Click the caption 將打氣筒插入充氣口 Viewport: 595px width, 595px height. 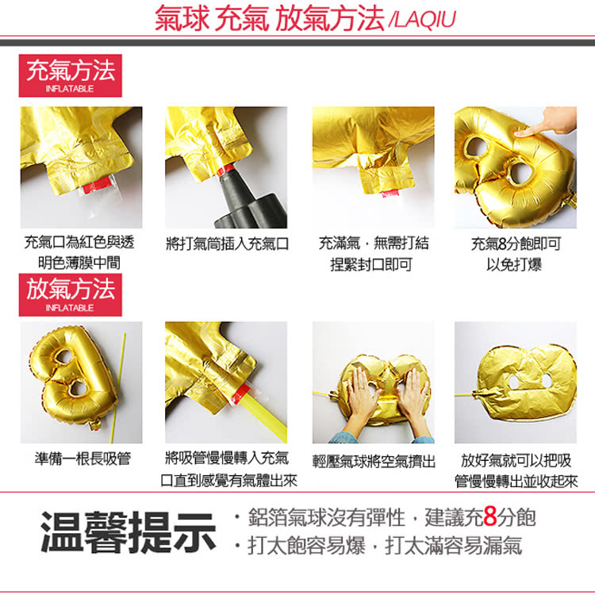click(x=228, y=244)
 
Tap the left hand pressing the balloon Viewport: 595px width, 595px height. click(x=361, y=397)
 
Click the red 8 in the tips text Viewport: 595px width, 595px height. click(x=489, y=519)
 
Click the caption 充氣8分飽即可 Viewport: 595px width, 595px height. click(x=516, y=244)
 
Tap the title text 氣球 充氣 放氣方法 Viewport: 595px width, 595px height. click(x=270, y=19)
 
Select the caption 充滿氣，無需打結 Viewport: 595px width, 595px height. click(x=374, y=244)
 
